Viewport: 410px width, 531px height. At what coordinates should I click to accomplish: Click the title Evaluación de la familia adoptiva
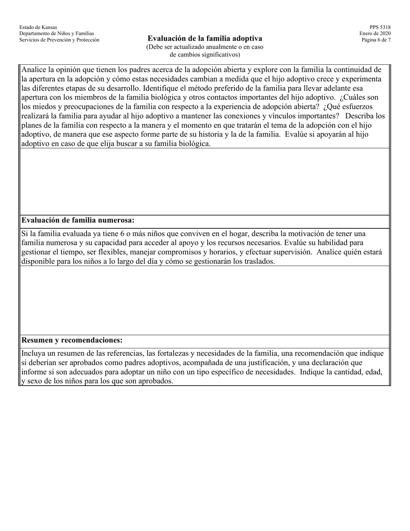(205, 38)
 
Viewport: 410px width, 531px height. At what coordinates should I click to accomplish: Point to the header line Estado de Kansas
(38, 27)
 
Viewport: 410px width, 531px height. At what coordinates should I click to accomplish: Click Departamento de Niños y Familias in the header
(57, 34)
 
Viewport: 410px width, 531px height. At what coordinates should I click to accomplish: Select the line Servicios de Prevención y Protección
(59, 40)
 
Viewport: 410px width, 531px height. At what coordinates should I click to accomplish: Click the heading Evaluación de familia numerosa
(78, 220)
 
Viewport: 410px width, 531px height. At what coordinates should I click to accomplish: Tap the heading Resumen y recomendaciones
(72, 340)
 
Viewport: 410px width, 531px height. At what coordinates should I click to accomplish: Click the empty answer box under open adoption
(205, 181)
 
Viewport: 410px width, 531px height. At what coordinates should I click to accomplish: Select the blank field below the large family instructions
(205, 300)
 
